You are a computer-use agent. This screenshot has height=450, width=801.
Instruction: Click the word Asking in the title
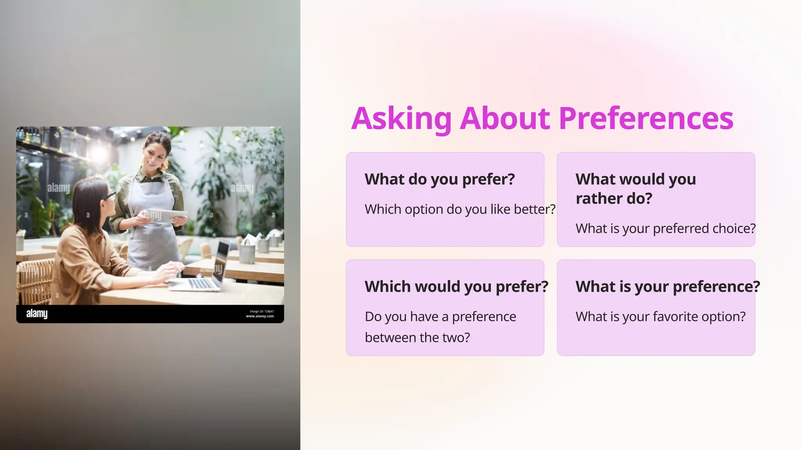click(401, 118)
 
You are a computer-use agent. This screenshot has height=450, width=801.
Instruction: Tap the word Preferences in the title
click(646, 118)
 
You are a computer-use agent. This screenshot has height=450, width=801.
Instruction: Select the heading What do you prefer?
click(440, 179)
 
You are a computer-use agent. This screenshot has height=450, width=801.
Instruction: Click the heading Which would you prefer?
click(456, 287)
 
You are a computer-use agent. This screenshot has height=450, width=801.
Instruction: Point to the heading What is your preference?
click(668, 287)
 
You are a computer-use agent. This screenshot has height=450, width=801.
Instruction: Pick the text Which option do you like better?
click(460, 209)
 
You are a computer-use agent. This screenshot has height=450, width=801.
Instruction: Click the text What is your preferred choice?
click(665, 229)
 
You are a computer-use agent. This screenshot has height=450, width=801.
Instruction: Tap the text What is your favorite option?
click(661, 316)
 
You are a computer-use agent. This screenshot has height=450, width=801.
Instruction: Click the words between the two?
click(417, 337)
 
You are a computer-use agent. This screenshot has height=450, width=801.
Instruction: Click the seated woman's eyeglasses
click(108, 196)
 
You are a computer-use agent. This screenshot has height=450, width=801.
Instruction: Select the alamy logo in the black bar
click(37, 314)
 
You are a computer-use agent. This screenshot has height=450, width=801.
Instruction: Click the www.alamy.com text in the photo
click(260, 316)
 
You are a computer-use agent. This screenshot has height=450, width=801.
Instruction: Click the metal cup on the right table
click(247, 254)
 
